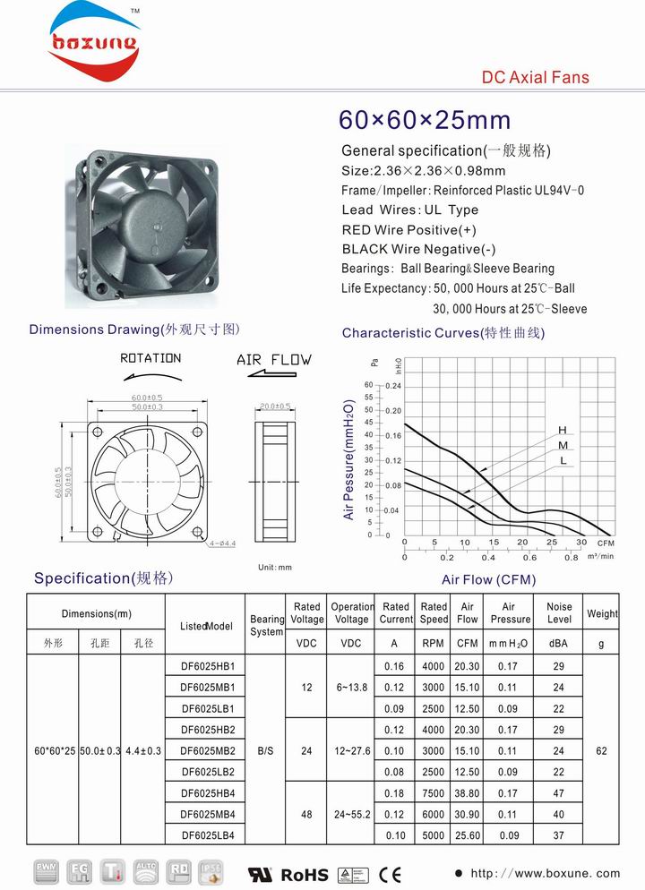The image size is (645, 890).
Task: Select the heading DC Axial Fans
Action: pyautogui.click(x=536, y=78)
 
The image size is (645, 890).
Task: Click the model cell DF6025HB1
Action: pyautogui.click(x=208, y=666)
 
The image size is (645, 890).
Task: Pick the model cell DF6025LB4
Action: pyautogui.click(x=208, y=835)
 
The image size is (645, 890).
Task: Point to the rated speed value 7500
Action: pyautogui.click(x=434, y=793)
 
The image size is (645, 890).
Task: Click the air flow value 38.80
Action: pyautogui.click(x=467, y=793)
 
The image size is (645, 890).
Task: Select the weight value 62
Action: pyautogui.click(x=601, y=751)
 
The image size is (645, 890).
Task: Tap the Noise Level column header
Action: pyautogui.click(x=559, y=613)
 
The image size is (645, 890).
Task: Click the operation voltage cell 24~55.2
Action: pyautogui.click(x=351, y=814)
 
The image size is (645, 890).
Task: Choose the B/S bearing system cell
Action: pyautogui.click(x=265, y=751)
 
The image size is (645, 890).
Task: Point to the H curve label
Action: pyautogui.click(x=563, y=431)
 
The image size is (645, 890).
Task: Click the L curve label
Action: pyautogui.click(x=563, y=460)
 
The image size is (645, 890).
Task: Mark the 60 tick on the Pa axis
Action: pyautogui.click(x=367, y=384)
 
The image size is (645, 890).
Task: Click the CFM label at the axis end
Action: pyautogui.click(x=606, y=543)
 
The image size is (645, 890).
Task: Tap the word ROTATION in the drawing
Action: pyautogui.click(x=150, y=358)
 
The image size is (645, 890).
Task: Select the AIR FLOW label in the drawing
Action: pyautogui.click(x=274, y=360)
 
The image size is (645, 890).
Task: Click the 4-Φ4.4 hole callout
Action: pyautogui.click(x=221, y=543)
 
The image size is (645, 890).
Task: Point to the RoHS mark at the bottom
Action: pyautogui.click(x=305, y=873)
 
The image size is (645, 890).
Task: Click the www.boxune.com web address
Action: pyautogui.click(x=546, y=873)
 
